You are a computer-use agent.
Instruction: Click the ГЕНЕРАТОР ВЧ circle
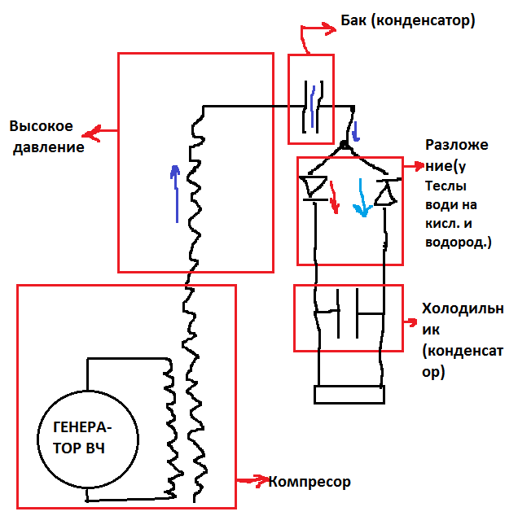pyautogui.click(x=83, y=437)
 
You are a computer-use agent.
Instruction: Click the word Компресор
pyautogui.click(x=309, y=482)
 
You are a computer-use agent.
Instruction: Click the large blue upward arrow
pyautogui.click(x=173, y=192)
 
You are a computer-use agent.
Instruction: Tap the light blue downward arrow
pyautogui.click(x=360, y=200)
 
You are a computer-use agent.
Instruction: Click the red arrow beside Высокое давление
pyautogui.click(x=101, y=131)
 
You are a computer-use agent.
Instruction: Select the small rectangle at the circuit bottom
pyautogui.click(x=348, y=395)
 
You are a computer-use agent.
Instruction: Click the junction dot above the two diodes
pyautogui.click(x=345, y=146)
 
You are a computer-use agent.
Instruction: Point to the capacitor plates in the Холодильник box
pyautogui.click(x=349, y=313)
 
